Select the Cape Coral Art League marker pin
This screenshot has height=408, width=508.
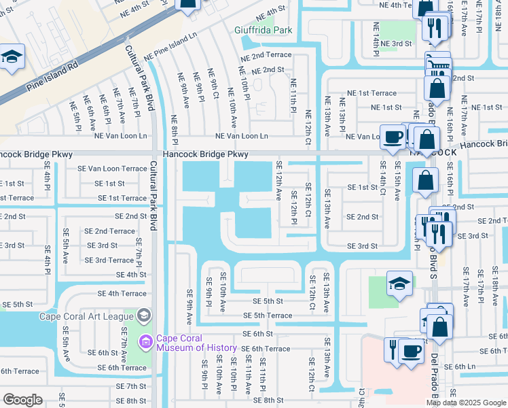tap(143, 315)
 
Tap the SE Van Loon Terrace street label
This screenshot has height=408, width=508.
tap(112, 168)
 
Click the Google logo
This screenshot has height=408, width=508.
tap(22, 399)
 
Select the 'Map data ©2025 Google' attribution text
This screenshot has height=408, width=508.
tap(466, 403)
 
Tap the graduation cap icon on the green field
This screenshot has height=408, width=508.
tap(399, 284)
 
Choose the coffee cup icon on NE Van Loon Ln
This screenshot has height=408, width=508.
tap(392, 137)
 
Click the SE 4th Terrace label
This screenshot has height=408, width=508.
tap(122, 294)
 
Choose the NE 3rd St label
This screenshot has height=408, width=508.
tap(397, 43)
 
